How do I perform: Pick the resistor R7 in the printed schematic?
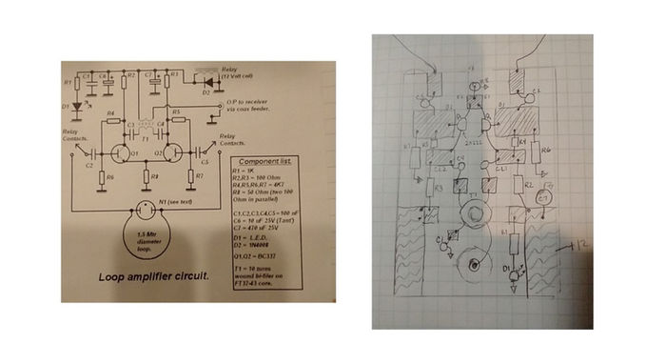[198, 176]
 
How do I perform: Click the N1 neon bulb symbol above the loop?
[144, 208]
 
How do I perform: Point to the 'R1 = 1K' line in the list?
[246, 174]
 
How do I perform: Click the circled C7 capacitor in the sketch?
[544, 198]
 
